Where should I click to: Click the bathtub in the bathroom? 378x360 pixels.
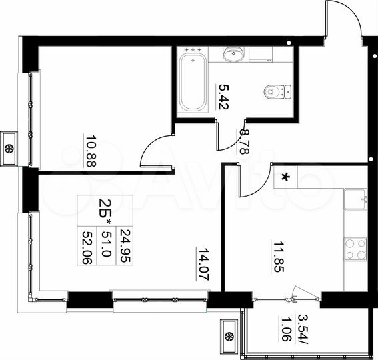[192, 81]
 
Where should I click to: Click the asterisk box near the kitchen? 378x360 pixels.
[286, 177]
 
